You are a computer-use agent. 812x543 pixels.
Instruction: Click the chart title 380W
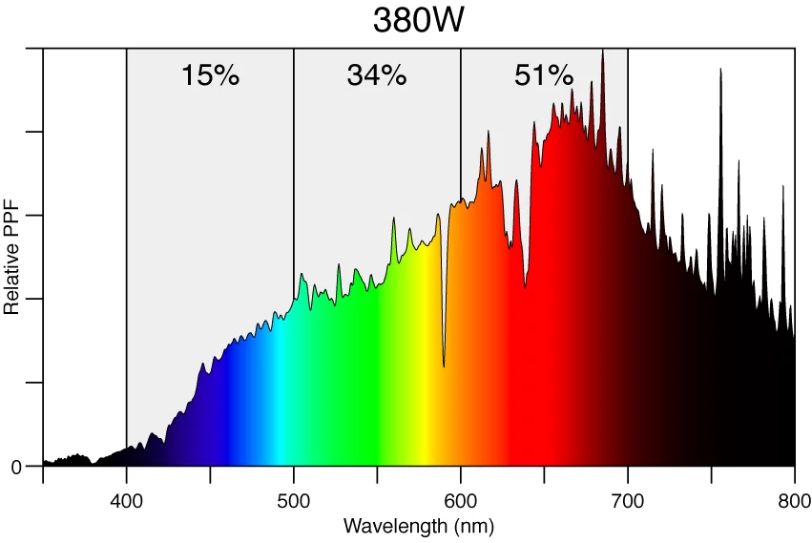pos(418,20)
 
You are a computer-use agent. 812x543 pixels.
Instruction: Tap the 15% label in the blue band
pos(210,75)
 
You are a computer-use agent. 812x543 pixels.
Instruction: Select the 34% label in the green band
pos(377,75)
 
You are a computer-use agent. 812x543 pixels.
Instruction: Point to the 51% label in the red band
pos(544,75)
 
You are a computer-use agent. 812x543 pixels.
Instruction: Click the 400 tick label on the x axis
pos(127,502)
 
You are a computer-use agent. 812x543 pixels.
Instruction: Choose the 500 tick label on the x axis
pos(294,502)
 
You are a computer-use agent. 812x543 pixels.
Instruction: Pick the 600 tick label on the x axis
pos(461,502)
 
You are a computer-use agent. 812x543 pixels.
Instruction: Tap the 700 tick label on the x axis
pos(628,502)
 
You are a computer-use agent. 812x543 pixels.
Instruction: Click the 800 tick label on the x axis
pos(795,502)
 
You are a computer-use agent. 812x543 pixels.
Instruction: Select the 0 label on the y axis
pos(15,468)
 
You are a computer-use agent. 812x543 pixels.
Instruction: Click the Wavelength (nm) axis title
pos(418,526)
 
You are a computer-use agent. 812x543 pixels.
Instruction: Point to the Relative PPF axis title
pos(12,264)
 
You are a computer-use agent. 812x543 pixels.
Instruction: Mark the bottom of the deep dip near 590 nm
pos(444,365)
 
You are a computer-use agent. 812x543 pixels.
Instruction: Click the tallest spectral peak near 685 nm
pos(602,52)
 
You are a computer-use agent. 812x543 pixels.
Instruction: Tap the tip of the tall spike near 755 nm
pos(720,69)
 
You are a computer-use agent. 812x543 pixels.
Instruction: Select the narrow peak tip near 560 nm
pos(393,219)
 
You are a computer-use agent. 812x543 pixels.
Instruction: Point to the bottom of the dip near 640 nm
pos(525,286)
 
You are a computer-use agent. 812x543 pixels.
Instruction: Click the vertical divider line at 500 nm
pos(294,191)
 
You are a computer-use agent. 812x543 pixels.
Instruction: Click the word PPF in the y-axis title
pos(12,239)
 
